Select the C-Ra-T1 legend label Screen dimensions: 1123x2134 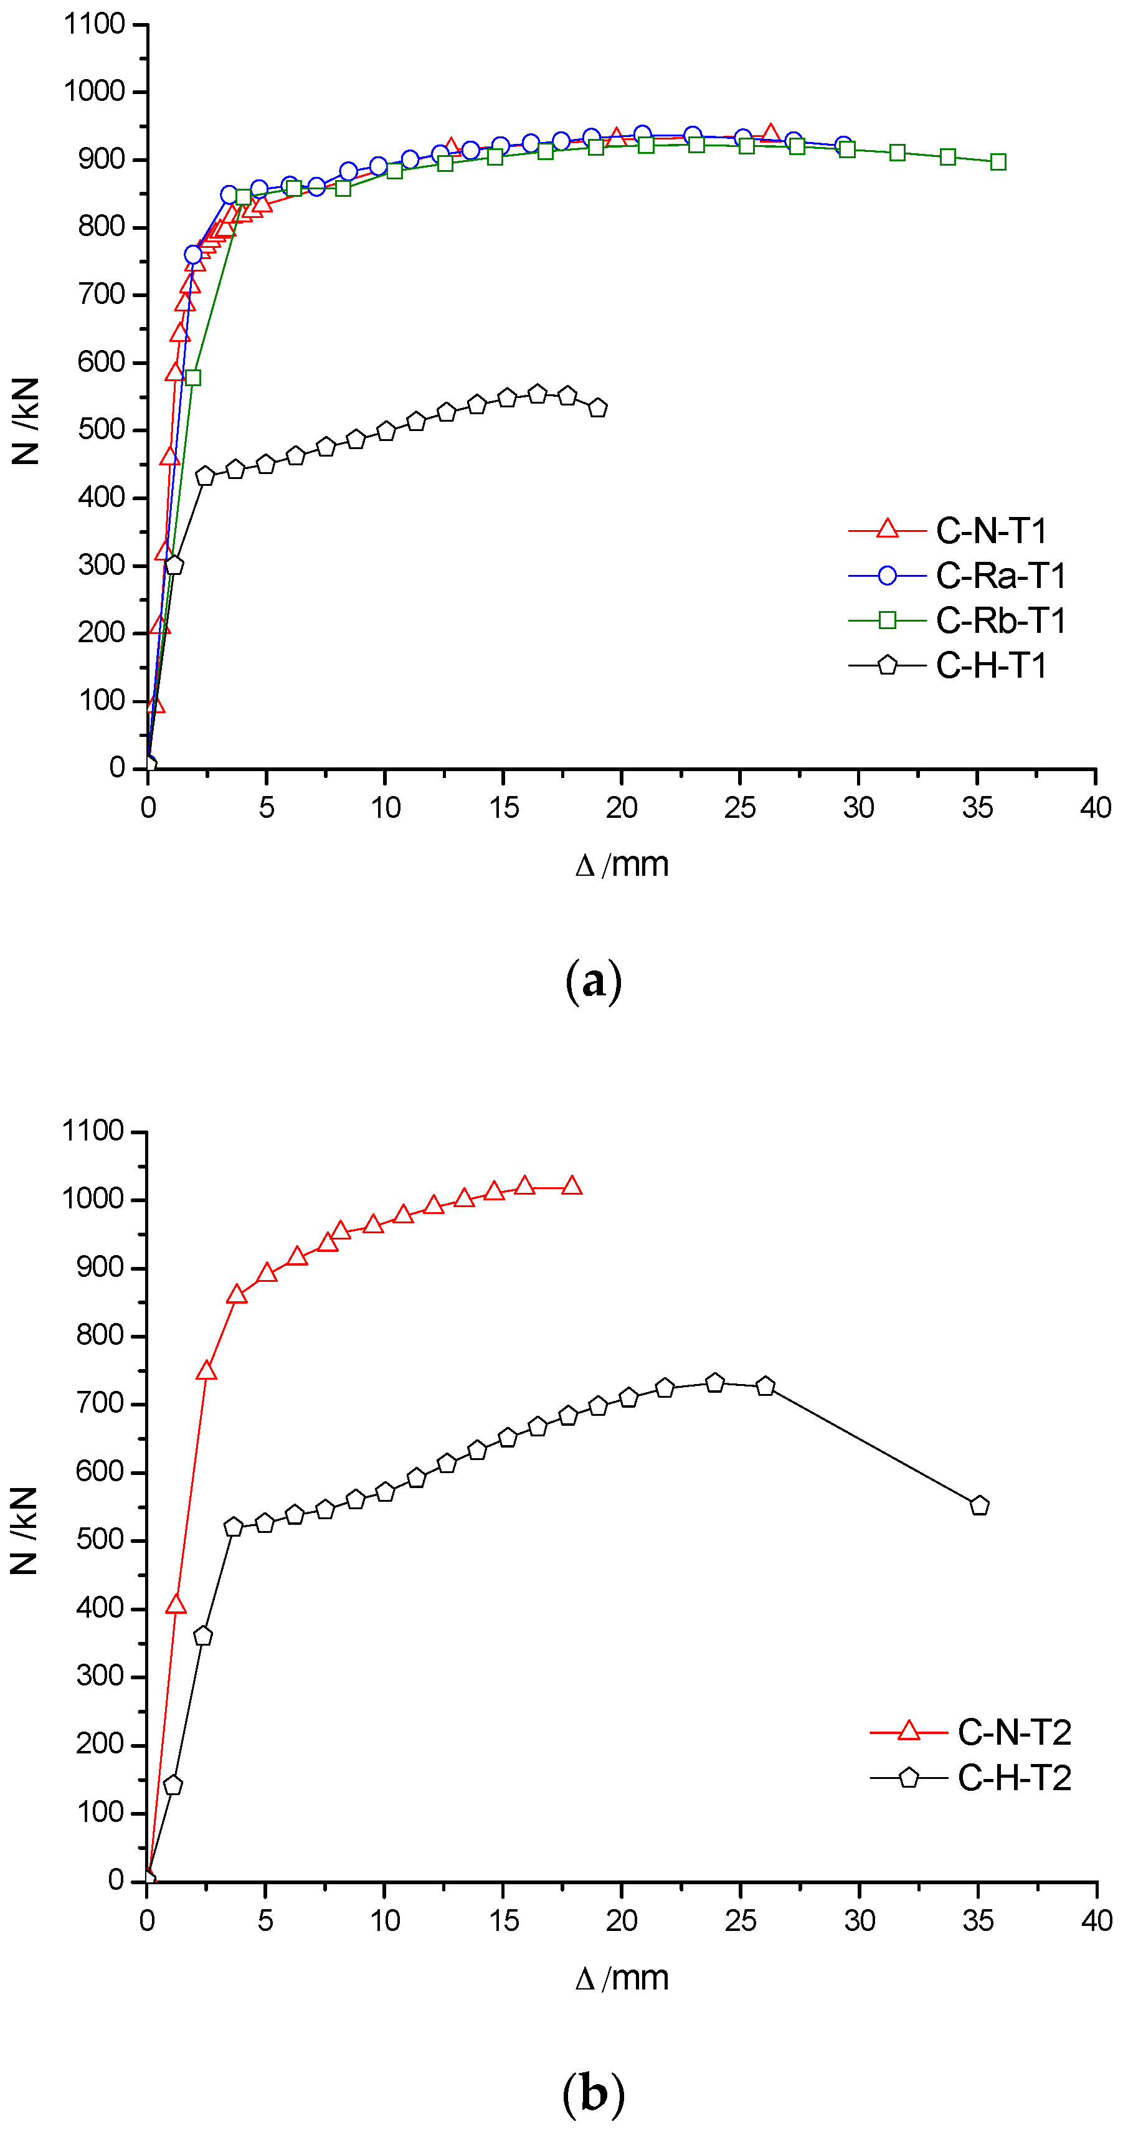click(1000, 576)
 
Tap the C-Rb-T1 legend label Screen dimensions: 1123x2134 click(1000, 620)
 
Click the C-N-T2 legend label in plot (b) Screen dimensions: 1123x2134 click(1013, 1732)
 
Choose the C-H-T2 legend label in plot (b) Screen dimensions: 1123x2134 click(1013, 1778)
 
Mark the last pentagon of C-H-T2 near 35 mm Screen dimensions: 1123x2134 click(979, 1506)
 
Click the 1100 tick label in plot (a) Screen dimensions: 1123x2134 click(95, 24)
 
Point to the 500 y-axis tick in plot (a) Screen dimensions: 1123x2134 click(101, 430)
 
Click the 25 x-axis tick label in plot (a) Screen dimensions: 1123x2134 click(739, 807)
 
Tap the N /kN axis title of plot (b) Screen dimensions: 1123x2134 click(25, 1530)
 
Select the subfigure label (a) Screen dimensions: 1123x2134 click(593, 981)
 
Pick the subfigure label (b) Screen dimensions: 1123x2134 click(593, 2094)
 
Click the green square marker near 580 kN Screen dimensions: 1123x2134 click(193, 377)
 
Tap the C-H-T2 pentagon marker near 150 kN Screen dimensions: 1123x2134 click(173, 1785)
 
